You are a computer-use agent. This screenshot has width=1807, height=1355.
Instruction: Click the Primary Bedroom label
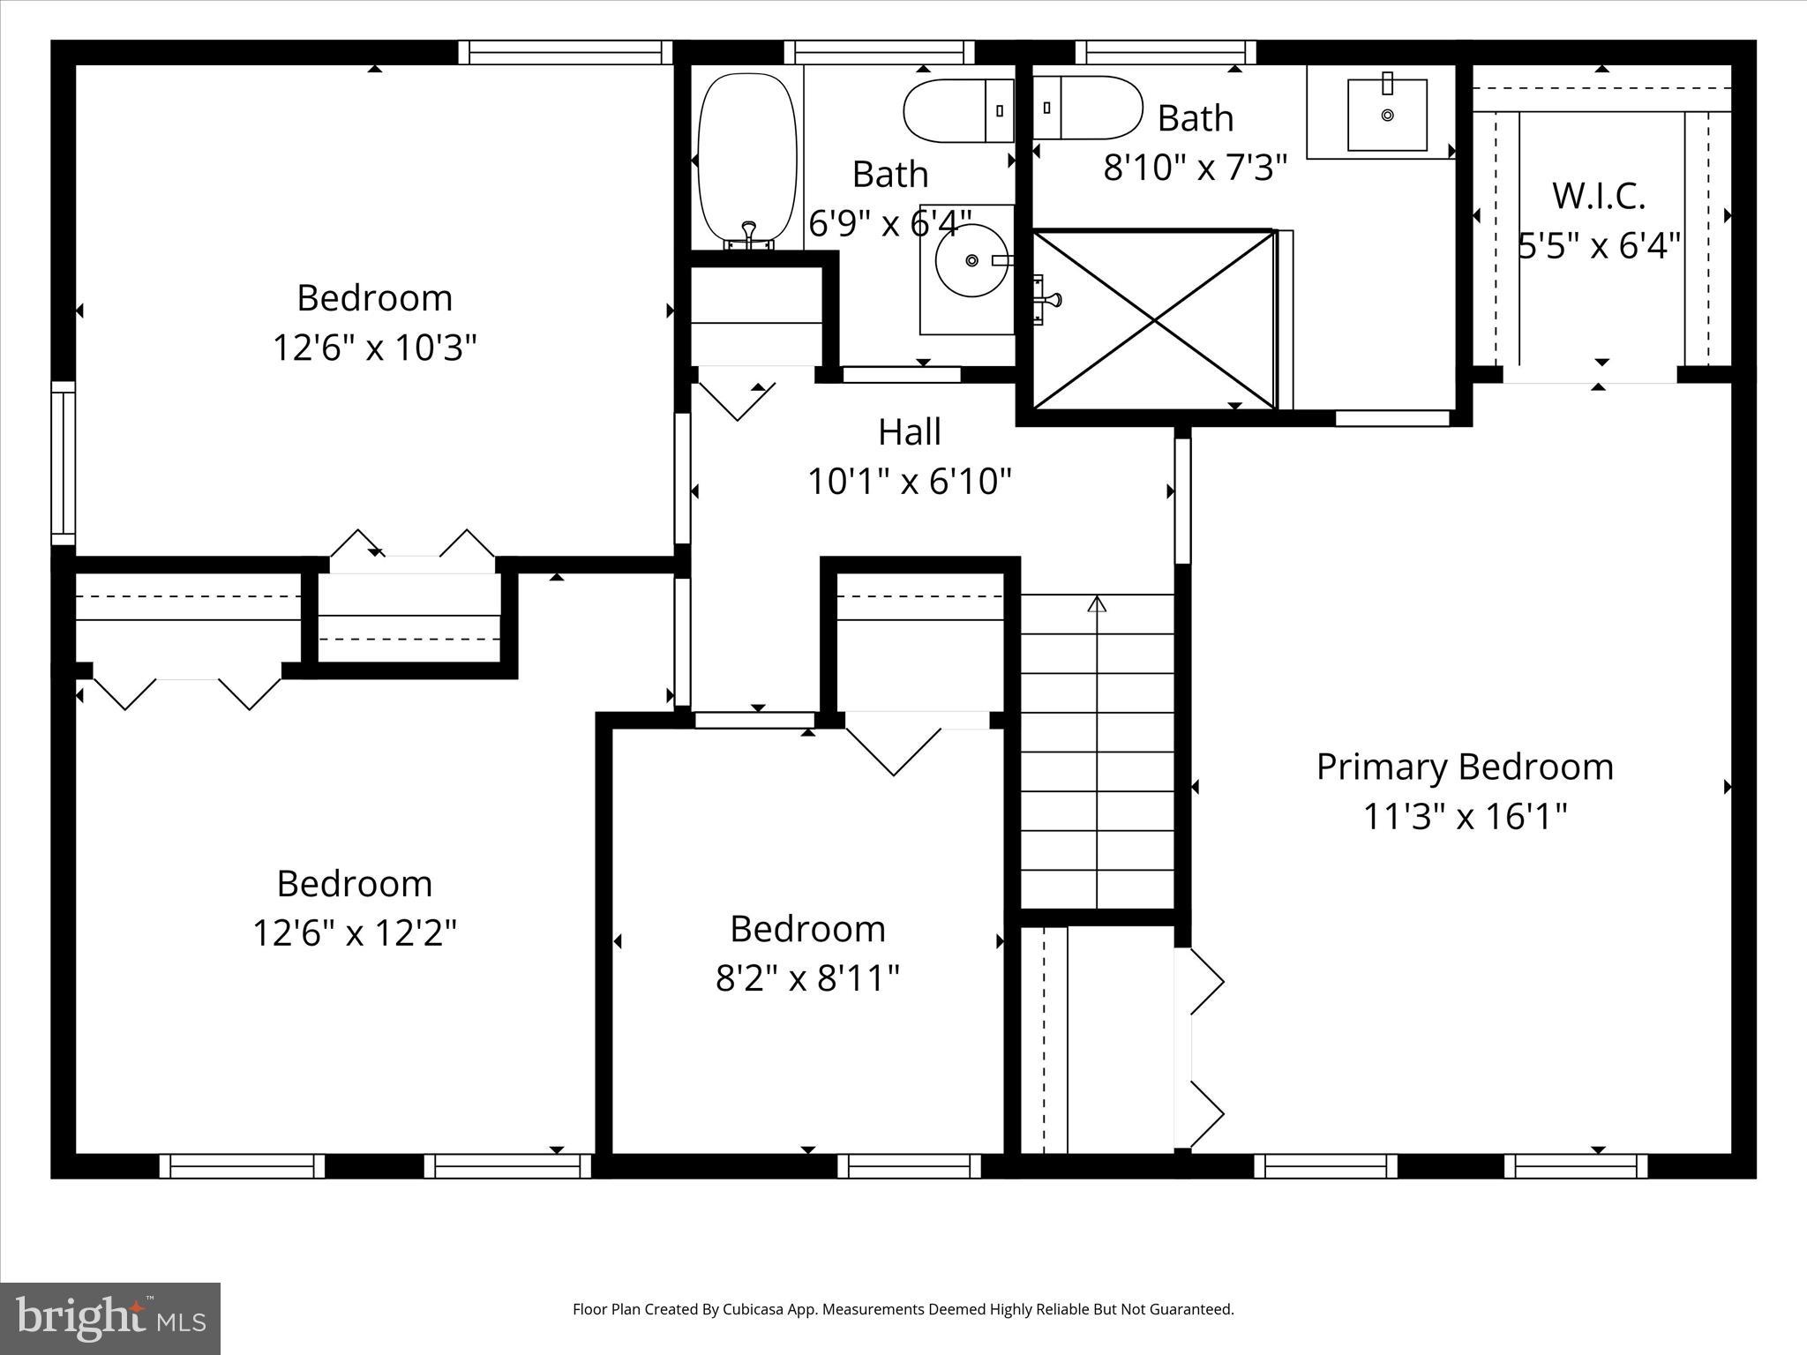[1465, 767]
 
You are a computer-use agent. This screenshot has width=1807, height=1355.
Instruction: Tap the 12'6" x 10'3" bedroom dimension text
[374, 348]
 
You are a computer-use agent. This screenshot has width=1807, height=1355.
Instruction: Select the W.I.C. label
[1598, 196]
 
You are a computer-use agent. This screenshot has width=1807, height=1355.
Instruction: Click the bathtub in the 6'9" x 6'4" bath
[747, 159]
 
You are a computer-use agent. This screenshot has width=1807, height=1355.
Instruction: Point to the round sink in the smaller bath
[971, 260]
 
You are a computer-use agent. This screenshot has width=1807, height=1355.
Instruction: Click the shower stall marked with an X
[1154, 320]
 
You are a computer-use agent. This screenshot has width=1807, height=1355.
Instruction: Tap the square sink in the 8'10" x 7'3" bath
[1387, 116]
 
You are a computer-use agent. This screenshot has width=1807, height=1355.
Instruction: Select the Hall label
[909, 432]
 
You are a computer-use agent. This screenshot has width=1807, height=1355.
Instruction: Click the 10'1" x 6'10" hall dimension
[909, 482]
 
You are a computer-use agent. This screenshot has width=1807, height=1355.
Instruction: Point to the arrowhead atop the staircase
[1097, 604]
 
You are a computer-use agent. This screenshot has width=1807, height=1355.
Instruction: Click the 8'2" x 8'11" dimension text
[806, 978]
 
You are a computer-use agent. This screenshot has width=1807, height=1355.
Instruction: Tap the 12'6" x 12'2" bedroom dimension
[355, 932]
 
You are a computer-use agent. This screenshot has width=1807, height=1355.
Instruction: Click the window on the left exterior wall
[63, 463]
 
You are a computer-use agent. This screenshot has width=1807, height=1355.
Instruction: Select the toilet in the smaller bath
[959, 110]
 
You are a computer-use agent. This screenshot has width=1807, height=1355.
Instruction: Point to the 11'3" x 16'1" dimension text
[1465, 816]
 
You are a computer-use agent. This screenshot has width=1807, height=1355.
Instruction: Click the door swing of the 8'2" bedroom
[893, 750]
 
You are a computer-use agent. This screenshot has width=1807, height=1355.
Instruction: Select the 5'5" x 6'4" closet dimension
[1598, 245]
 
